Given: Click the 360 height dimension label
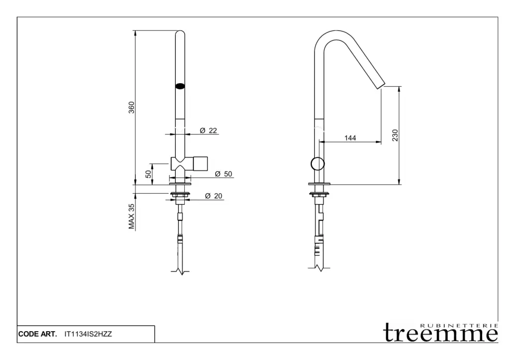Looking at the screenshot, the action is pyautogui.click(x=131, y=108).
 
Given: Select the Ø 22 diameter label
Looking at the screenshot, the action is pyautogui.click(x=208, y=130).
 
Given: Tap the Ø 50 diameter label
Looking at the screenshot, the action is pyautogui.click(x=224, y=174).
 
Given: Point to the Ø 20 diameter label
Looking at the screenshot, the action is pyautogui.click(x=214, y=196).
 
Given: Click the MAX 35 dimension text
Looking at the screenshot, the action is pyautogui.click(x=131, y=217).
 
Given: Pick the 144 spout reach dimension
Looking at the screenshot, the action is pyautogui.click(x=350, y=138).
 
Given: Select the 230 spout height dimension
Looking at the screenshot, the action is pyautogui.click(x=395, y=135).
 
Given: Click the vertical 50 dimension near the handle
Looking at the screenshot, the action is pyautogui.click(x=148, y=174).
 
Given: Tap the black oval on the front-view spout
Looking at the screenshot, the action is pyautogui.click(x=180, y=86).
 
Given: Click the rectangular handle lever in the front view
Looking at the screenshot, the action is pyautogui.click(x=201, y=164).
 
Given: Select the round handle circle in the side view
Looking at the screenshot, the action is pyautogui.click(x=317, y=164).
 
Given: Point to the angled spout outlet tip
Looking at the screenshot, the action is pyautogui.click(x=381, y=86).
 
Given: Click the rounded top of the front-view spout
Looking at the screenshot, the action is pyautogui.click(x=180, y=31).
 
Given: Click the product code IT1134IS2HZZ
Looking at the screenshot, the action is pyautogui.click(x=88, y=334).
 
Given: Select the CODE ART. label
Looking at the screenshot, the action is pyautogui.click(x=37, y=334).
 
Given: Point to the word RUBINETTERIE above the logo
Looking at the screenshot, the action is pyautogui.click(x=459, y=326).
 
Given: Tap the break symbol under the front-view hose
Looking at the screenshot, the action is pyautogui.click(x=180, y=271).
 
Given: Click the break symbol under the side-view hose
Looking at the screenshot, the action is pyautogui.click(x=319, y=268).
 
